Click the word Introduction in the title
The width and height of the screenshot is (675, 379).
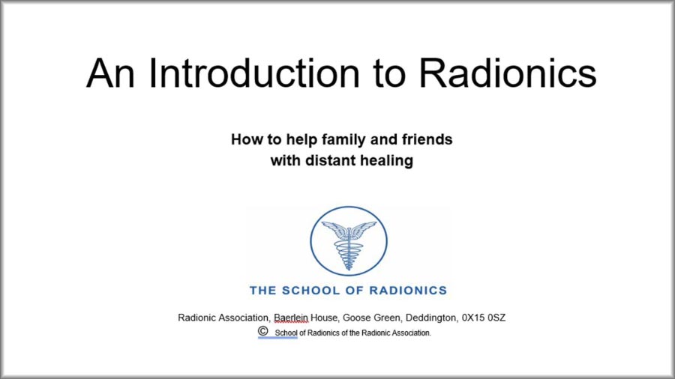click(x=253, y=73)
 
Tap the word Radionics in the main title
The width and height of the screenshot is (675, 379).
click(x=508, y=73)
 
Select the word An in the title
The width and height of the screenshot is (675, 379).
click(x=111, y=73)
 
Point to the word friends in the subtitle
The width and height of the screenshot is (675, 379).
click(x=427, y=139)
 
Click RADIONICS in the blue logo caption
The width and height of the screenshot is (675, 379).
click(x=408, y=291)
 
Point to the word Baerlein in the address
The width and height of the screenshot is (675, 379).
click(x=291, y=318)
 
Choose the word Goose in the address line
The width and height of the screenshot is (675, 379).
click(x=355, y=318)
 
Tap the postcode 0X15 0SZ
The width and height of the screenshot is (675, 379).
click(x=484, y=318)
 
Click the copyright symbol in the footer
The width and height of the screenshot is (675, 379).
click(x=263, y=331)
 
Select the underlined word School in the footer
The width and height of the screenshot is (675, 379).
click(x=286, y=333)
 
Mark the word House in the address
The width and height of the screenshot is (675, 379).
click(x=325, y=318)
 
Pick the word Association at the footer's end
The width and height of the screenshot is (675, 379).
click(x=411, y=333)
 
